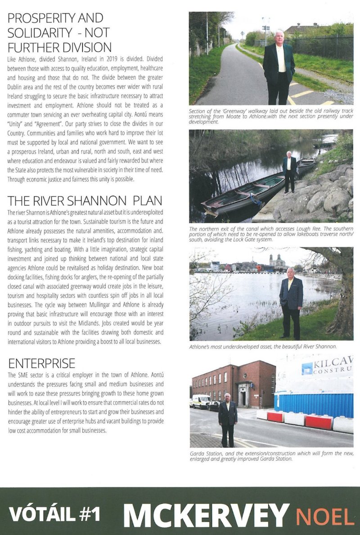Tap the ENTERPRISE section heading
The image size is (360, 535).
tap(41, 363)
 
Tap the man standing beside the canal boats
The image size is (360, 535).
tap(289, 171)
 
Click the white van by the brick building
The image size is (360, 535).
tap(201, 400)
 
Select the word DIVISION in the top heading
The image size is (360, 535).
tap(82, 47)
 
